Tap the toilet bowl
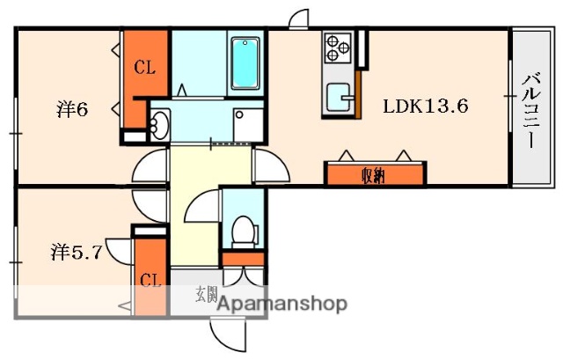pyautogui.click(x=239, y=231)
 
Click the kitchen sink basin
pyautogui.click(x=338, y=98)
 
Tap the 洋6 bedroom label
pyautogui.click(x=72, y=111)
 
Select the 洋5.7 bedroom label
pyautogui.click(x=76, y=253)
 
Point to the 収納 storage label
pyautogui.click(x=373, y=175)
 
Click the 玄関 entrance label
pyautogui.click(x=206, y=294)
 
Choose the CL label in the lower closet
pyautogui.click(x=150, y=281)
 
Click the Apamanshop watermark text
pyautogui.click(x=281, y=305)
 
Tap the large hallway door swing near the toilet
pyautogui.click(x=201, y=211)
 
